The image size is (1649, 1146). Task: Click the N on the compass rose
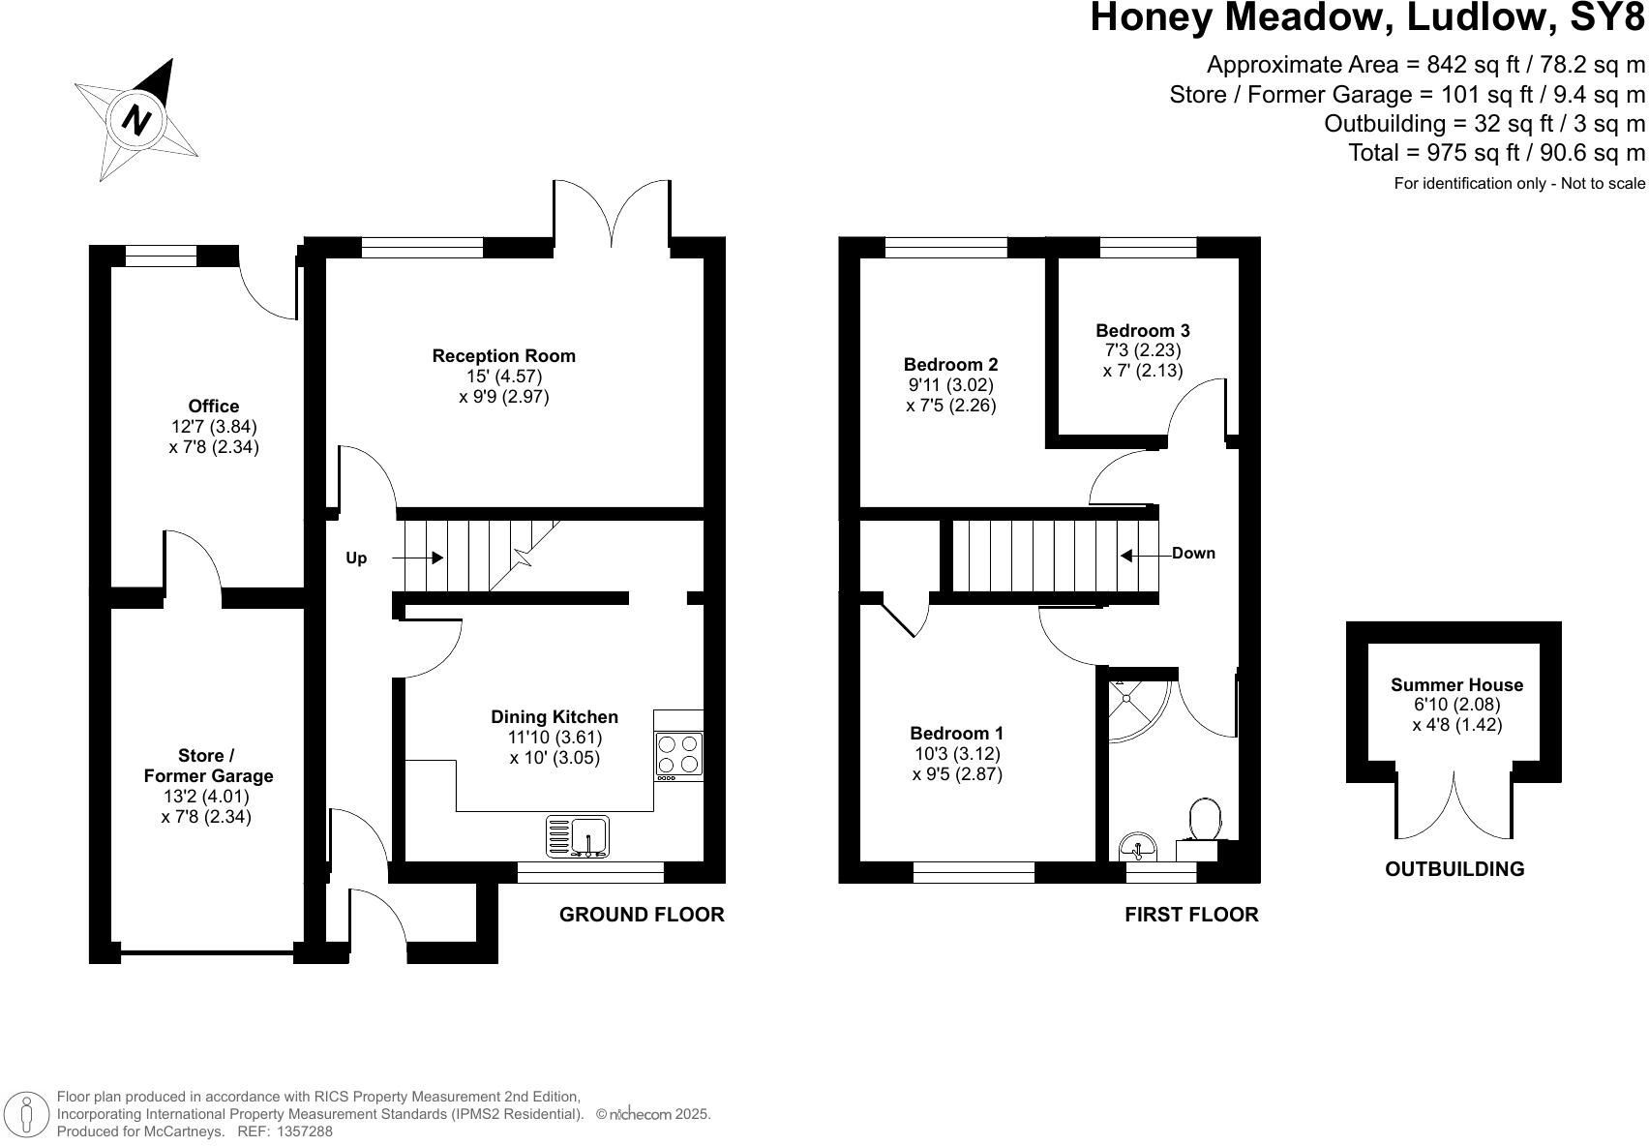point(137,120)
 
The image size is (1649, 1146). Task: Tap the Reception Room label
point(503,356)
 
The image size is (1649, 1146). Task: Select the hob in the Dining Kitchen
point(678,754)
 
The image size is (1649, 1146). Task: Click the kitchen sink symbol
point(578,836)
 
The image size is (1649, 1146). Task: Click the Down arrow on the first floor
point(1128,555)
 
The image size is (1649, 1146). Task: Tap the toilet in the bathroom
point(1205,820)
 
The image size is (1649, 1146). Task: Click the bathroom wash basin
point(1138,849)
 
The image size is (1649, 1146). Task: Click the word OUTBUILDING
point(1454,869)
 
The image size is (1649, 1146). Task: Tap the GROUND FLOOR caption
point(642,915)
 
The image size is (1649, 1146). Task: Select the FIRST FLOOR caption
point(1191,915)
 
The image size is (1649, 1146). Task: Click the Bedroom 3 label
point(1142,331)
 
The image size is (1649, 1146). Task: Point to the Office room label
point(214,407)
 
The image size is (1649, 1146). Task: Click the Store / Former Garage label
point(208,766)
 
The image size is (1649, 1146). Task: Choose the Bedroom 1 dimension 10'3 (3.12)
point(956,754)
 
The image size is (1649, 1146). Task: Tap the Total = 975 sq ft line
point(1496,152)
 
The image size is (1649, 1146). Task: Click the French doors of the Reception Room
point(612,218)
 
